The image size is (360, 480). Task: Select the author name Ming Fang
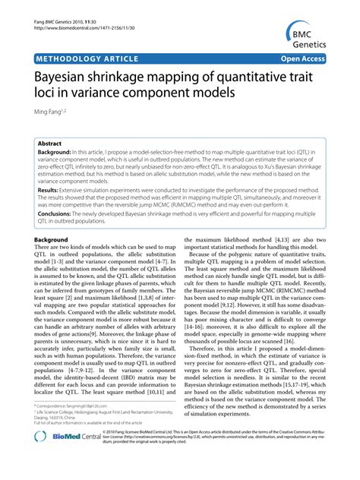[51, 112]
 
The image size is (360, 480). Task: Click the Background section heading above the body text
[51, 240]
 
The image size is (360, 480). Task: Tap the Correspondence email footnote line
[79, 428]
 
